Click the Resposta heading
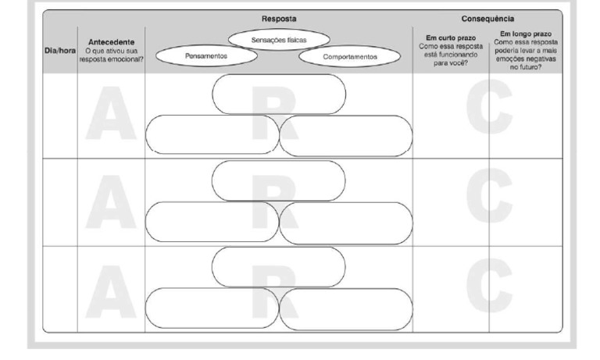coord(279,18)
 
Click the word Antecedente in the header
coord(111,42)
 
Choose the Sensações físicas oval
coord(279,39)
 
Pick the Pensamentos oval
coord(207,56)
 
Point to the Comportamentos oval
coord(349,56)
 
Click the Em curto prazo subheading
coord(450,37)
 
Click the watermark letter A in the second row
coord(110,201)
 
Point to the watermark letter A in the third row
coord(110,290)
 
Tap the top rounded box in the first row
coord(279,93)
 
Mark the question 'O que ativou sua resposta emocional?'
coord(111,55)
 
